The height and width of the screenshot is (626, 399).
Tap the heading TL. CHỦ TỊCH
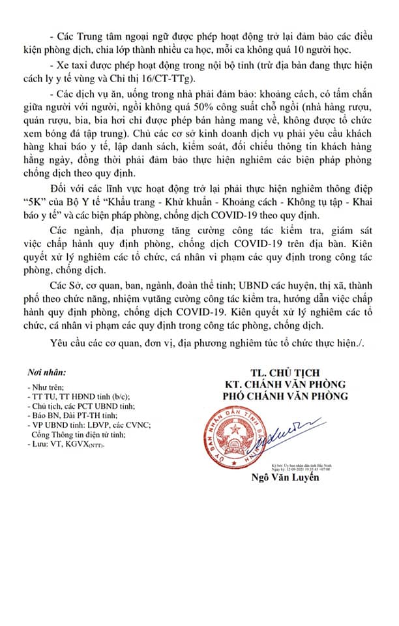(x=284, y=372)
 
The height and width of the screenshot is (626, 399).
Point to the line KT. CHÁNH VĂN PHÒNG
(x=284, y=384)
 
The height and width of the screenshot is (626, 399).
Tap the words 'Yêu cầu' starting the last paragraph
(x=68, y=344)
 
